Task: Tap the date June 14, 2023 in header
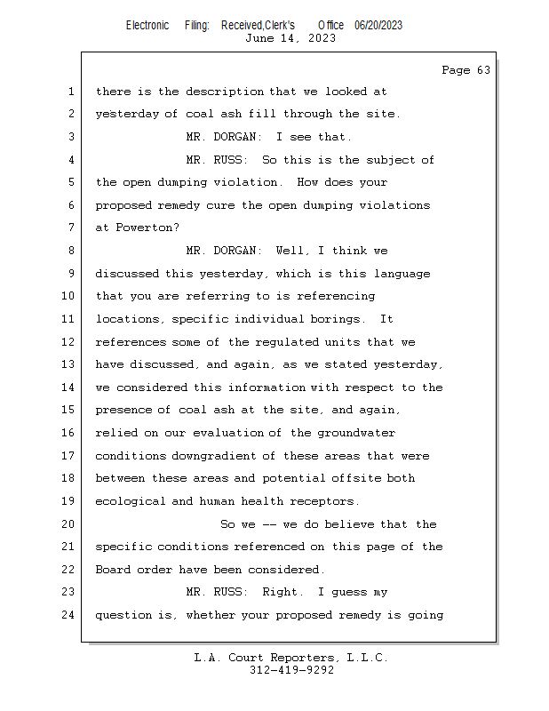point(290,38)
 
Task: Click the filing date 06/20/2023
point(378,25)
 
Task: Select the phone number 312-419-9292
point(291,670)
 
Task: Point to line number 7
point(71,228)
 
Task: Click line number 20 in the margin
point(68,524)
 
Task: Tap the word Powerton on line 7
point(142,228)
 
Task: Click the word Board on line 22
point(112,570)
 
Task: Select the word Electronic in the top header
point(147,25)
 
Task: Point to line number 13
point(68,364)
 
